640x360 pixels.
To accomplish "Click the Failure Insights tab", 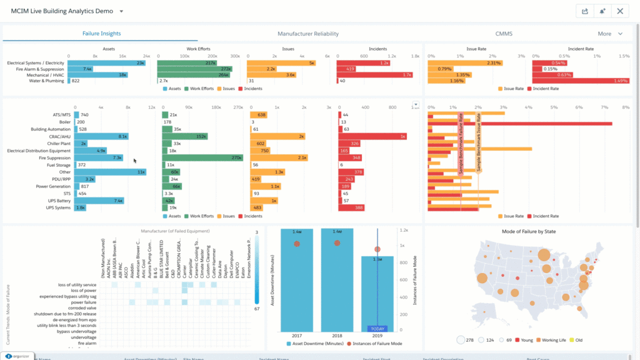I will point(101,34).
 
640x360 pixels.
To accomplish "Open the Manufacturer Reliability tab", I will point(307,34).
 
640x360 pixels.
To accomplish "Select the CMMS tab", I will point(504,34).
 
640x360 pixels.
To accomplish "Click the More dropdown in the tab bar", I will point(610,34).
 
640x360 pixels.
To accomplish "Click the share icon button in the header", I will point(584,11).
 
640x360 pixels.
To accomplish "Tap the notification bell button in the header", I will point(602,11).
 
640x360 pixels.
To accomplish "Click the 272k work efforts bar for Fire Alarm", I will point(194,69).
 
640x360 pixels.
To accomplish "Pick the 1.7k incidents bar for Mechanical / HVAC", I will point(374,75).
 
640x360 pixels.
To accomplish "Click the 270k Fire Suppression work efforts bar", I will point(202,157).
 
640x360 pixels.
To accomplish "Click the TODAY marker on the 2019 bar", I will point(377,329).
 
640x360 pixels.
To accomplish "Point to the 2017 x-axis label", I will point(297,336).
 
